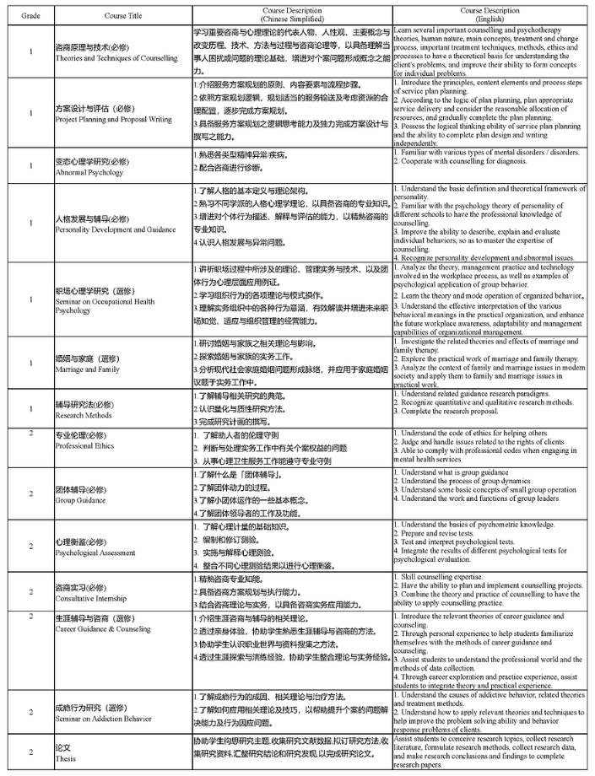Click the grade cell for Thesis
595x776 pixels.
point(30,752)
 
